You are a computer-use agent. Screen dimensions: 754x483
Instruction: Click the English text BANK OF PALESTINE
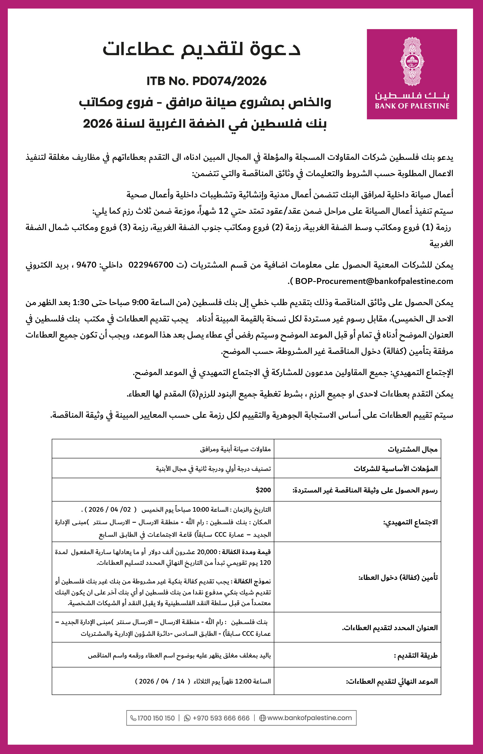(412, 106)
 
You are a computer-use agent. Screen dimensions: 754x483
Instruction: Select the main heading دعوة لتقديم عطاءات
(202, 49)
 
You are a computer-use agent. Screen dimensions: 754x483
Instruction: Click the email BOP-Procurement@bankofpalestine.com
(374, 281)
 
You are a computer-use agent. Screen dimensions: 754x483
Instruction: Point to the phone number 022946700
(151, 265)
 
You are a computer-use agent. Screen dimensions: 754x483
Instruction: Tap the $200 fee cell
(263, 490)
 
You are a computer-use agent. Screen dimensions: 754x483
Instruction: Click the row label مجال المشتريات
(412, 449)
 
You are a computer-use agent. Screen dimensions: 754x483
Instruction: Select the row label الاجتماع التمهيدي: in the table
(410, 522)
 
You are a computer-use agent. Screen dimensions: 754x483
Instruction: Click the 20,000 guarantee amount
(207, 552)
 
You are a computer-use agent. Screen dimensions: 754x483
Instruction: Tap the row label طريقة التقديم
(416, 655)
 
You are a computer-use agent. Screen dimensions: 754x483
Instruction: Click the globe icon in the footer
(262, 718)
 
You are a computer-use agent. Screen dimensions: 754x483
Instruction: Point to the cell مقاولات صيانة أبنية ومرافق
(235, 449)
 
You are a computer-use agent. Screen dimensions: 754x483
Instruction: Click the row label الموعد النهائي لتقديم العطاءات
(392, 681)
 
